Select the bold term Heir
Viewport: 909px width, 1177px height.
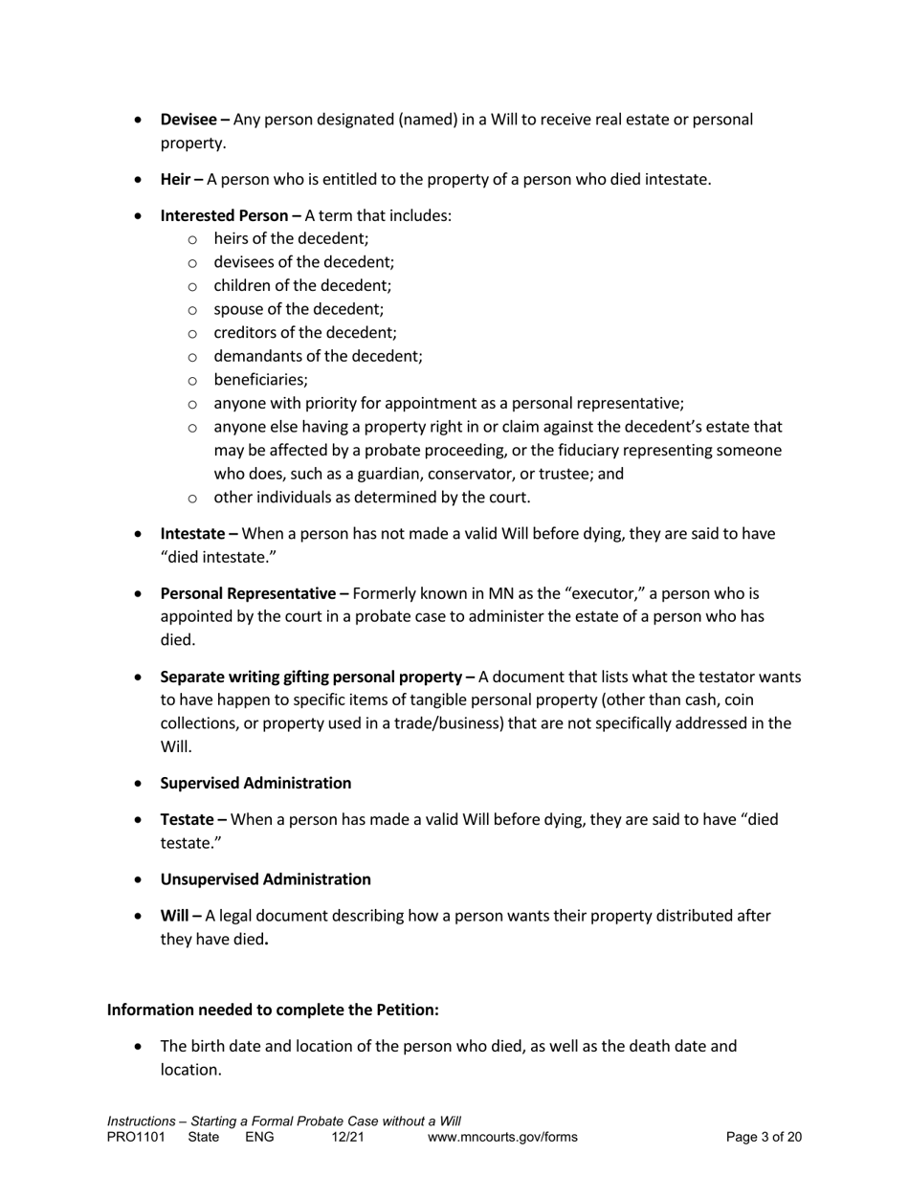pyautogui.click(x=175, y=179)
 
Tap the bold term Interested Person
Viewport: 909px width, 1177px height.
pyautogui.click(x=224, y=215)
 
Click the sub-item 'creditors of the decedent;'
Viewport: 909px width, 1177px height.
pyautogui.click(x=304, y=333)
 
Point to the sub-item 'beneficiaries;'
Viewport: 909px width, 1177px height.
pyautogui.click(x=260, y=380)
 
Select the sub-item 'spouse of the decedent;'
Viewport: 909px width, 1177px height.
pyautogui.click(x=298, y=309)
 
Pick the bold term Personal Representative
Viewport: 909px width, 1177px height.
pyautogui.click(x=249, y=593)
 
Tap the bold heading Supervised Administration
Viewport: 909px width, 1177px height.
pyautogui.click(x=255, y=783)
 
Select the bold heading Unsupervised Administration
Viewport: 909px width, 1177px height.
pyautogui.click(x=265, y=878)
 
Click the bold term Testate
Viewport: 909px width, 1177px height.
pyautogui.click(x=187, y=819)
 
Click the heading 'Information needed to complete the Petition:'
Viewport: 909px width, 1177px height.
pyautogui.click(x=273, y=1010)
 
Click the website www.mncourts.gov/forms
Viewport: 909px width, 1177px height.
pyautogui.click(x=502, y=1137)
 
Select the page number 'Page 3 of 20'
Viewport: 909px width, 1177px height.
pyautogui.click(x=764, y=1137)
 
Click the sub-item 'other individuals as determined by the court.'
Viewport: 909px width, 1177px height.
pyautogui.click(x=371, y=498)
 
